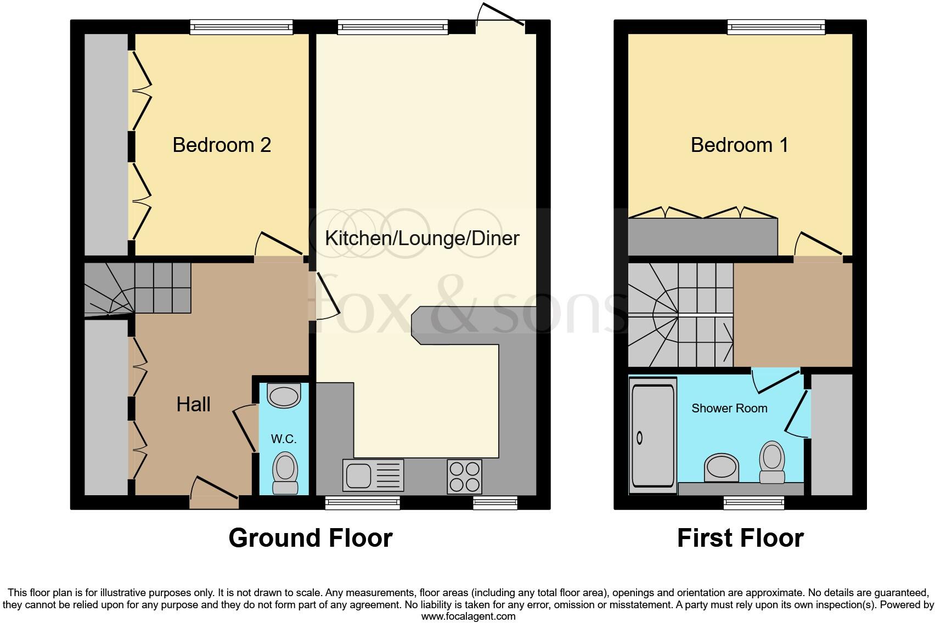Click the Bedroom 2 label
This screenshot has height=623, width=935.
coord(222,145)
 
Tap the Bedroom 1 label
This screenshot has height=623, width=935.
coord(739,145)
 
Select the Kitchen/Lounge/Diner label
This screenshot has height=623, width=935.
coord(422,238)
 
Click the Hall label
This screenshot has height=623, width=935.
coord(193,405)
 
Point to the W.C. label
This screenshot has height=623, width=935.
coord(284,439)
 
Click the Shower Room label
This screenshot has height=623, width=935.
coord(729,408)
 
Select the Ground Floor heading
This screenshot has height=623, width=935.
coord(310,538)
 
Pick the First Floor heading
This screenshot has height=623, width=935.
coord(740,538)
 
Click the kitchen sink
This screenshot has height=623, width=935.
coord(373,475)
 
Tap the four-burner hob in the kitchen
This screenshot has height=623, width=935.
coord(464,476)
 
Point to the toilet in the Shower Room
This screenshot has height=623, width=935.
coord(772,463)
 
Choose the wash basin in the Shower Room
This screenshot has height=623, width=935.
coord(722,467)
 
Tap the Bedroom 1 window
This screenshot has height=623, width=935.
coord(776,27)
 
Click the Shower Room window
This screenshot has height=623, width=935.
coord(753,502)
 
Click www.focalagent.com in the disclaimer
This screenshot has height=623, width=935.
coord(468,616)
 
